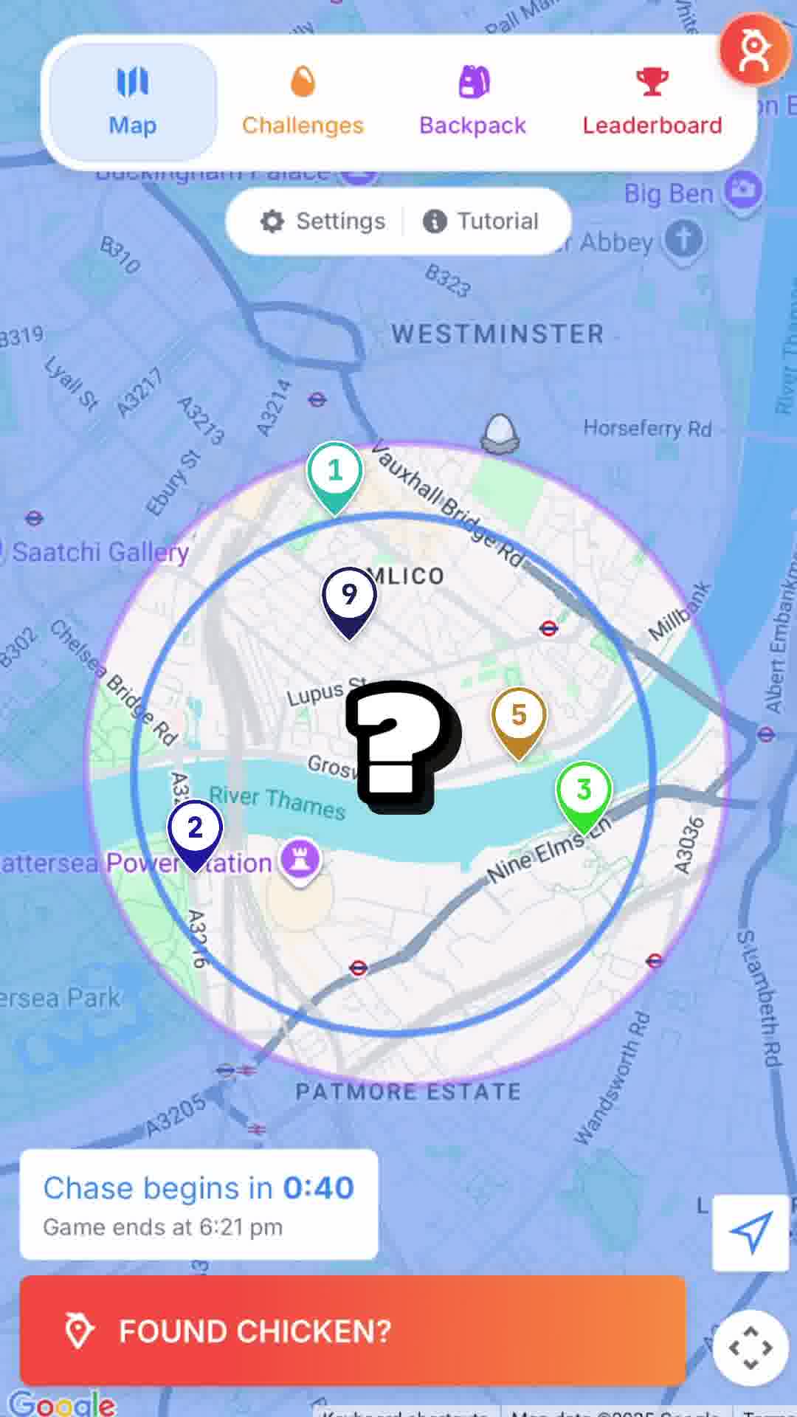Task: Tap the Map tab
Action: pos(133,102)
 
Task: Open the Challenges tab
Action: pos(303,102)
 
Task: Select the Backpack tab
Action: pos(472,102)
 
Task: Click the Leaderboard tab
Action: pos(652,102)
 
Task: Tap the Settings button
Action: pos(323,221)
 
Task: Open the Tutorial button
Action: pos(481,221)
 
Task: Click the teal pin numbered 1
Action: pos(335,473)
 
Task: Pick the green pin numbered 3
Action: pos(584,792)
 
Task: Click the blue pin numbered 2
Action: pos(195,830)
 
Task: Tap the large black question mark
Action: pos(399,745)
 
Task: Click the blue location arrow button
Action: pos(751,1232)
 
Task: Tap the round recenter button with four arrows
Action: pos(751,1348)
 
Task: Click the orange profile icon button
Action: pos(754,50)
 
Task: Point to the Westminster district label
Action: pos(497,334)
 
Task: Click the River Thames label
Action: pos(277,802)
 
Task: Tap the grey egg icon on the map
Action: pos(500,432)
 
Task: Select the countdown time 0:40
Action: pos(319,1187)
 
